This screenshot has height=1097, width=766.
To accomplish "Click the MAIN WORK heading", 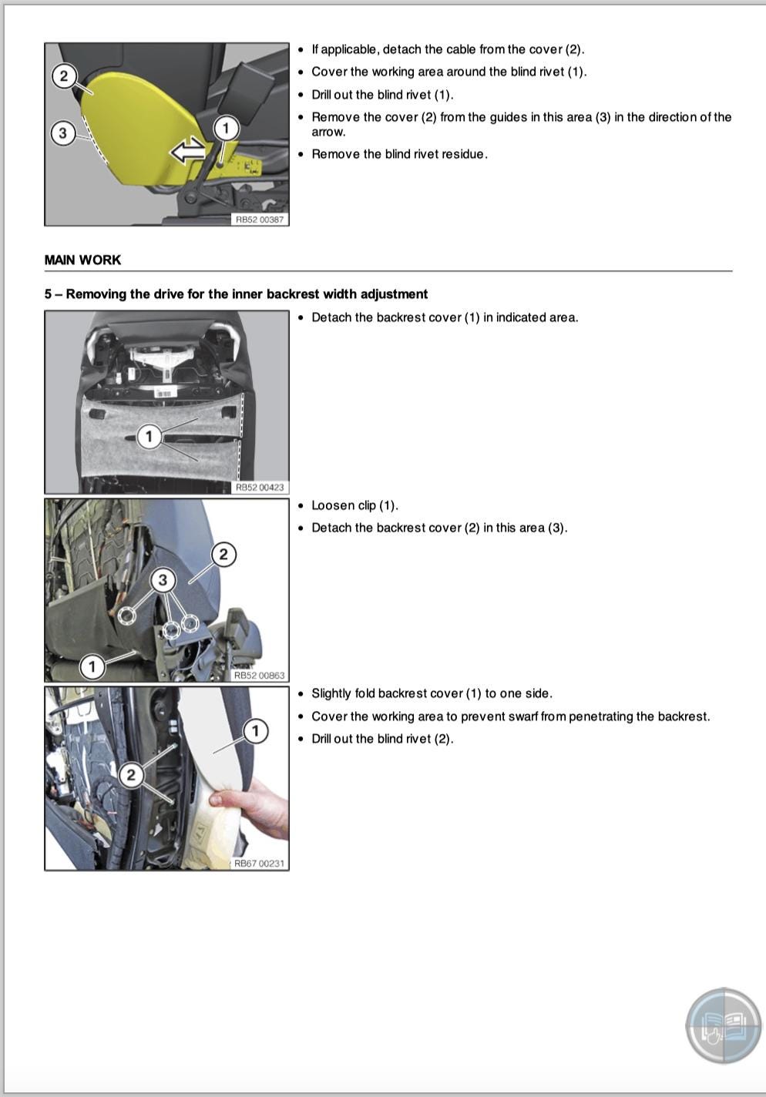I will click(x=82, y=260).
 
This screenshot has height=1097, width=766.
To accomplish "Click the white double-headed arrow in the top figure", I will click(x=188, y=151).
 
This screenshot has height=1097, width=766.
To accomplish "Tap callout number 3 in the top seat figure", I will click(x=63, y=133).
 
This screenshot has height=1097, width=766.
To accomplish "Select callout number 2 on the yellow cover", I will click(x=64, y=75).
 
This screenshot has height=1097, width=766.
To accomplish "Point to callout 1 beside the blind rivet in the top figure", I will click(x=225, y=128).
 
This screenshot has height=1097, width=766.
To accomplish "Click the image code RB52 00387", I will click(x=259, y=220).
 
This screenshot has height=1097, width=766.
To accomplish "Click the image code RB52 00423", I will click(x=259, y=488).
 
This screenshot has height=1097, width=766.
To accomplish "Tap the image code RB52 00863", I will click(x=259, y=676).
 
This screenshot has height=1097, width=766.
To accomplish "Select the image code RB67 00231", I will click(x=259, y=864).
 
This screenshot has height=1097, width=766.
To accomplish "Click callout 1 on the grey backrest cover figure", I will click(x=149, y=437).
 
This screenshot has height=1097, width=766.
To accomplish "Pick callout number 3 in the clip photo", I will click(x=163, y=579).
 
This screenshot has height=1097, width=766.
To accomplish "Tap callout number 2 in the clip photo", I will click(x=223, y=554).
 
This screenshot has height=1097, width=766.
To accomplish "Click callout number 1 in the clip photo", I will click(x=92, y=666).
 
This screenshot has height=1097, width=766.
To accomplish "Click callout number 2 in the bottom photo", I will click(x=131, y=774).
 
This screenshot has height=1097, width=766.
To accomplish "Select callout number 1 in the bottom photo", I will click(x=255, y=730).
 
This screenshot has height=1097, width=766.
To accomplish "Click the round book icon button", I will click(x=723, y=1026).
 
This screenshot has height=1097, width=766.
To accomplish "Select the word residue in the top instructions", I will click(x=465, y=154).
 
